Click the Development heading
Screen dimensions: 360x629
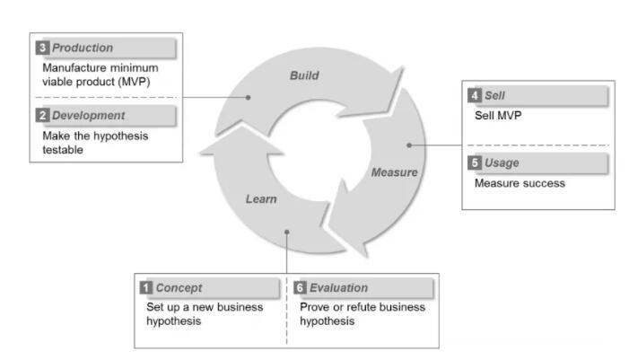(88, 116)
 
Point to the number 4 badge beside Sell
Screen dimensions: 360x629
(475, 95)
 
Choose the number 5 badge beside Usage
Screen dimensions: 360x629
(475, 163)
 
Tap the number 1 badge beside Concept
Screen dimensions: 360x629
(146, 288)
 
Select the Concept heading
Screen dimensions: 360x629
(179, 288)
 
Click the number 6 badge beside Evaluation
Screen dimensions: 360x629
(301, 288)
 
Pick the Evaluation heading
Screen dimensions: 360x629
(337, 288)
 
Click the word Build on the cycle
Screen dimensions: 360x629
(304, 76)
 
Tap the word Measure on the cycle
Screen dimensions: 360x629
(394, 171)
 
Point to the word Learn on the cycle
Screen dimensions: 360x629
(261, 198)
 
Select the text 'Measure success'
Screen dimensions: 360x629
(520, 184)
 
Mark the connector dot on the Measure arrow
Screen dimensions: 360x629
(408, 144)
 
